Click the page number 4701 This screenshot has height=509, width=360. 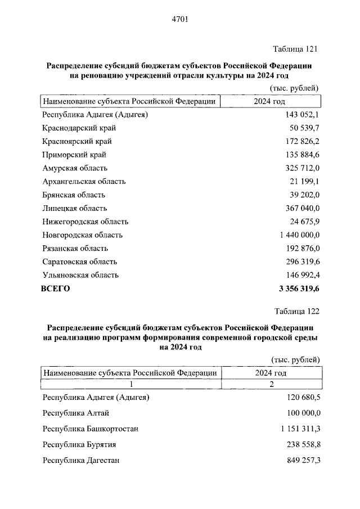click(179, 20)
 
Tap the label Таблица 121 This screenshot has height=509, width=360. click(296, 49)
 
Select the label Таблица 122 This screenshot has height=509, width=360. click(296, 311)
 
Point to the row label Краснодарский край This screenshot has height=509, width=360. click(79, 128)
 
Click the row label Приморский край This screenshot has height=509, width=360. click(74, 155)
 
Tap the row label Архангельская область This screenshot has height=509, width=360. click(84, 182)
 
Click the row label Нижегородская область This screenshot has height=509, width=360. click(85, 222)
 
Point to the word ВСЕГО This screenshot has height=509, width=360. click(56, 289)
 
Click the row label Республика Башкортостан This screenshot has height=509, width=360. click(90, 429)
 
